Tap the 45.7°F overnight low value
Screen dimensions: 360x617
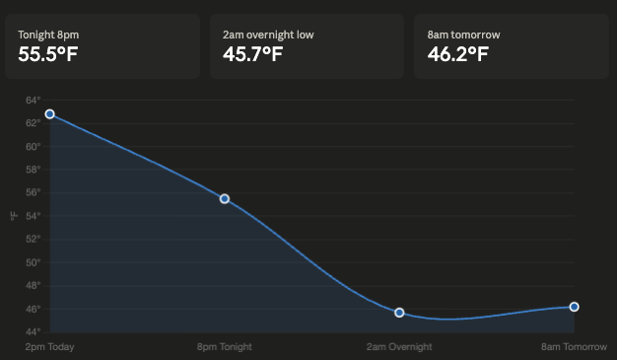253,53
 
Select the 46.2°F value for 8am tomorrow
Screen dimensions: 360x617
457,53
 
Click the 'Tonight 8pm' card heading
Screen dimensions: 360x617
48,35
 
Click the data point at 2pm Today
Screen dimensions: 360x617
50,114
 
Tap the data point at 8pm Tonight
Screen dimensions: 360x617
225,199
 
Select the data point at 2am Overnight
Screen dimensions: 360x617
399,313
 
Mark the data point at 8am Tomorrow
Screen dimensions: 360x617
574,307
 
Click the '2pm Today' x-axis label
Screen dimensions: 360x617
50,347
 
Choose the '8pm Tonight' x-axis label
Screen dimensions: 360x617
225,347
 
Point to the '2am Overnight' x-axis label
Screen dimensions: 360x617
399,347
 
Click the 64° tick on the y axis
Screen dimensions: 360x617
33,100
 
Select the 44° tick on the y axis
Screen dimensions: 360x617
33,332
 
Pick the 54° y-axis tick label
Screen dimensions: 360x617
33,216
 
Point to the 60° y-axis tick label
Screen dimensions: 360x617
33,146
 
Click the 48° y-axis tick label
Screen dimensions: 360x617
33,286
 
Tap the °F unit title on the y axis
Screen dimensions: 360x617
13,216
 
